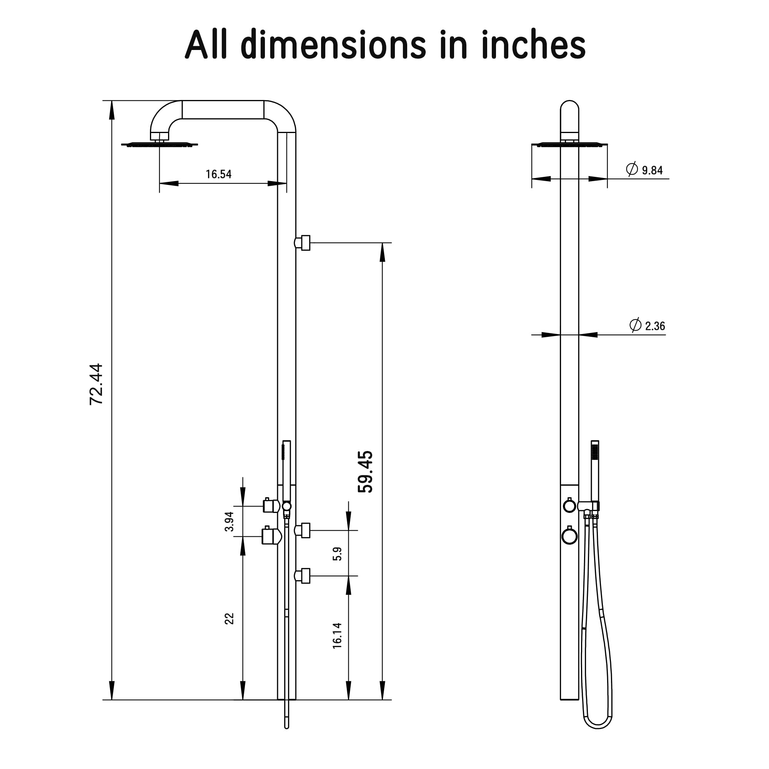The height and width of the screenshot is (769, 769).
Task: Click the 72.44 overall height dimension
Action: [96, 384]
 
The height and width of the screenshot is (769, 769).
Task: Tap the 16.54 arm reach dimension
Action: [218, 174]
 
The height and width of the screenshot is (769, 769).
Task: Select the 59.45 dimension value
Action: [365, 472]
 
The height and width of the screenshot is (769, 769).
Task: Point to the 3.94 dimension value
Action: [229, 521]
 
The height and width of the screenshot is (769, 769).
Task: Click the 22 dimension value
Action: [229, 619]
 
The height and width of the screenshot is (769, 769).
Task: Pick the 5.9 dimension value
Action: [337, 554]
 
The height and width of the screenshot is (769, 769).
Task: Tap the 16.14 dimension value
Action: [337, 636]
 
